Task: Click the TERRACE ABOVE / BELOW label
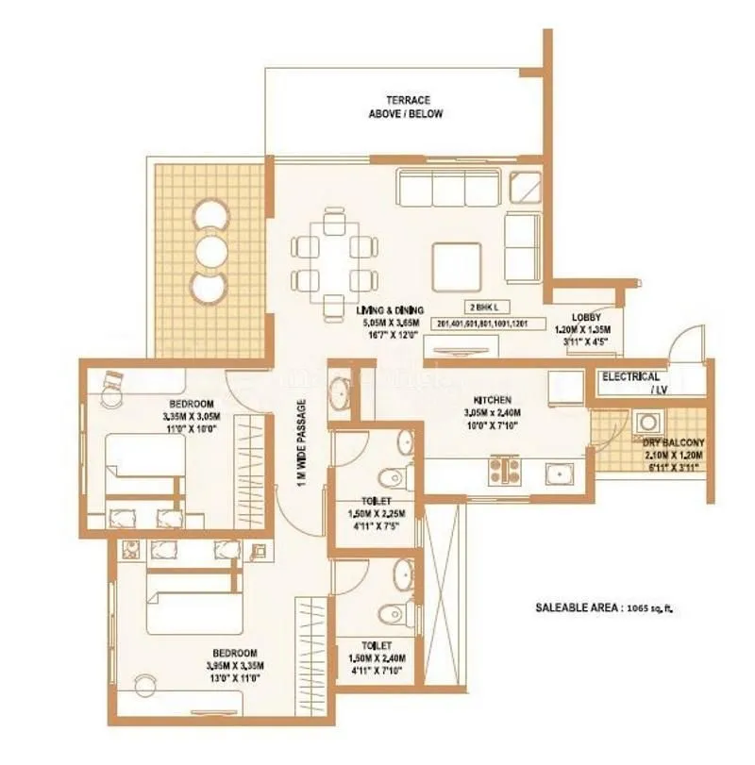tap(407, 107)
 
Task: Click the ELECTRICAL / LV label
tap(631, 381)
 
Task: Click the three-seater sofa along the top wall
tap(450, 188)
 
